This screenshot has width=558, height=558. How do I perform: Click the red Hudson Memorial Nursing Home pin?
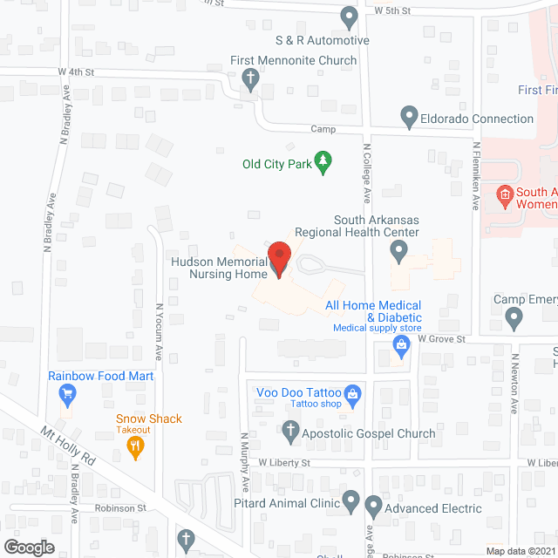[278, 258]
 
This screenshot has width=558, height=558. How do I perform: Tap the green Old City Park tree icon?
[323, 162]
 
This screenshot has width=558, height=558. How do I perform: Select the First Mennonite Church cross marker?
[249, 80]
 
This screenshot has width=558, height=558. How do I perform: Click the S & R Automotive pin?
[349, 16]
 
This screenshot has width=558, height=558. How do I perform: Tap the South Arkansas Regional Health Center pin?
[398, 252]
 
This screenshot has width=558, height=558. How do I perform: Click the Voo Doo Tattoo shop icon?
[352, 394]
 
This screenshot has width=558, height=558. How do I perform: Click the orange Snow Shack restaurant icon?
[135, 447]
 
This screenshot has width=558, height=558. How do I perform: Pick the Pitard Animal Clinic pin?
[350, 501]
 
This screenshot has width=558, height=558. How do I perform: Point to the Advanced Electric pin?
[373, 506]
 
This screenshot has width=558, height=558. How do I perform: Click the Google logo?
[28, 547]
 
